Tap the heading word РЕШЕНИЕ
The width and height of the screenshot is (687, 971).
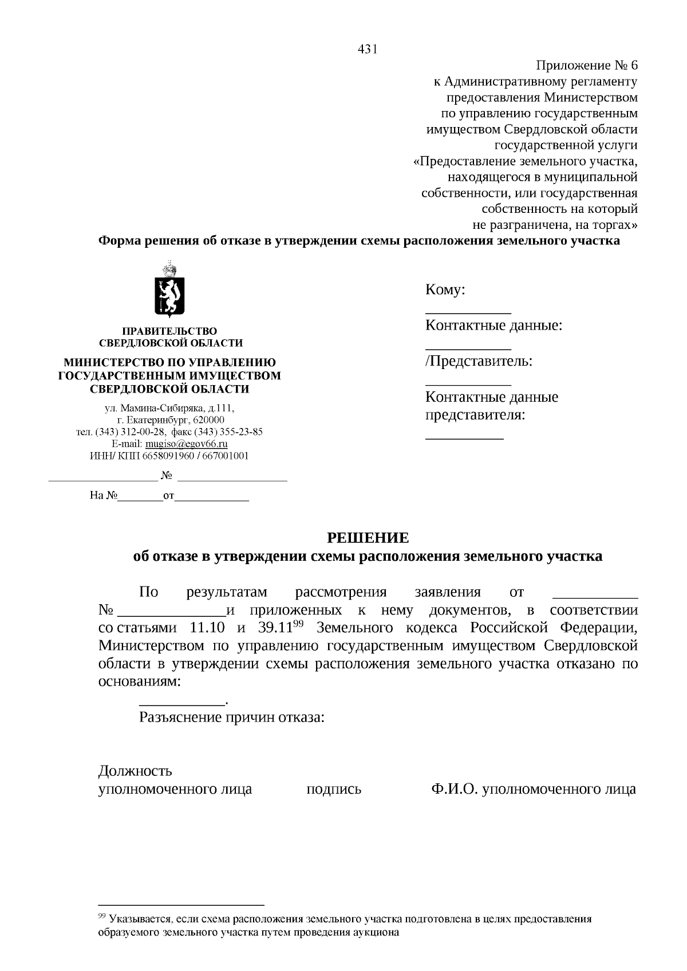pyautogui.click(x=368, y=538)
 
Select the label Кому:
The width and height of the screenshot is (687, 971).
pyautogui.click(x=445, y=290)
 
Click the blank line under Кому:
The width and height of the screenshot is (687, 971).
pyautogui.click(x=468, y=313)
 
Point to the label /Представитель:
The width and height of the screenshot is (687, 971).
pyautogui.click(x=479, y=361)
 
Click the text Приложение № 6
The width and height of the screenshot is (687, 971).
pyautogui.click(x=587, y=66)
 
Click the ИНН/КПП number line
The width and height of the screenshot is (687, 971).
pyautogui.click(x=169, y=456)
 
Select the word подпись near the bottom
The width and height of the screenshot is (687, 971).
pyautogui.click(x=334, y=790)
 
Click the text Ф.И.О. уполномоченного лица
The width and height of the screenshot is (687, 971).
pyautogui.click(x=534, y=790)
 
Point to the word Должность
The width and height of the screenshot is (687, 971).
pyautogui.click(x=135, y=771)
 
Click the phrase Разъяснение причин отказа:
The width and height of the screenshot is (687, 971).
pyautogui.click(x=232, y=718)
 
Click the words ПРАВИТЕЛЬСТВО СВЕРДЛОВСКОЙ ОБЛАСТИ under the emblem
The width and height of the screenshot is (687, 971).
pyautogui.click(x=170, y=337)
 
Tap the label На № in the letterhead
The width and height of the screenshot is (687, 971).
pyautogui.click(x=103, y=496)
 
